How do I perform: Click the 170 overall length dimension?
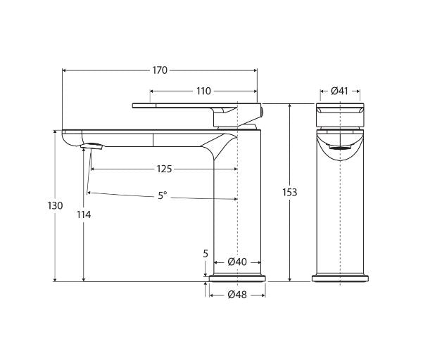pyautogui.click(x=160, y=70)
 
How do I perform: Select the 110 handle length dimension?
pyautogui.click(x=203, y=91)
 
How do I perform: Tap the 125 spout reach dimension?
pyautogui.click(x=164, y=169)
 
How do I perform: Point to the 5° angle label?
pyautogui.click(x=163, y=195)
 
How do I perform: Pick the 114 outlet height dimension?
pyautogui.click(x=84, y=214)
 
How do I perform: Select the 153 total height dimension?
pyautogui.click(x=289, y=192)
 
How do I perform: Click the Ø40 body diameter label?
pyautogui.click(x=237, y=262)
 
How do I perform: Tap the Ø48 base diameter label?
pyautogui.click(x=237, y=295)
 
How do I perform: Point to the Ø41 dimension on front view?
pyautogui.click(x=339, y=91)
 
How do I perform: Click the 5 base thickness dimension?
pyautogui.click(x=205, y=254)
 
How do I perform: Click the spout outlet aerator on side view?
pyautogui.click(x=94, y=146)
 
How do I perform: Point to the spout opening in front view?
pyautogui.click(x=339, y=148)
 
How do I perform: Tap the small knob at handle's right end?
pyautogui.click(x=260, y=109)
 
